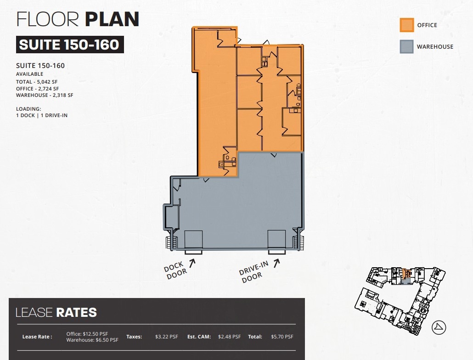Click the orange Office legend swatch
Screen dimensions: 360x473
click(x=407, y=25)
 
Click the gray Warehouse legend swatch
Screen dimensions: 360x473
click(x=407, y=46)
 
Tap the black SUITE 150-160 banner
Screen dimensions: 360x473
click(x=70, y=45)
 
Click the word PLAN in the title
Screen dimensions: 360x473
click(x=112, y=19)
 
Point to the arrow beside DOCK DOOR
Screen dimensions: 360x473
click(x=192, y=263)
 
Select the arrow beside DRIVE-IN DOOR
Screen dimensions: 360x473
click(x=276, y=263)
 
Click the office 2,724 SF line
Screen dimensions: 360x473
click(x=38, y=89)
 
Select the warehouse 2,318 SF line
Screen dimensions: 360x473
click(x=45, y=96)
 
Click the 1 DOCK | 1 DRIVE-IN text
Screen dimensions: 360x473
click(x=41, y=115)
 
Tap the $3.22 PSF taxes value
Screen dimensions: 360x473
click(x=167, y=337)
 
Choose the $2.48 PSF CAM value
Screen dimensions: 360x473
click(x=229, y=337)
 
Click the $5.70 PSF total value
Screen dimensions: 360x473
click(x=282, y=337)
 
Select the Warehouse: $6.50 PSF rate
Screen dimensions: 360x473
click(x=92, y=340)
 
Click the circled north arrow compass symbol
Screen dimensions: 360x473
click(x=440, y=327)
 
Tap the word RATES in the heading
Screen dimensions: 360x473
click(x=76, y=313)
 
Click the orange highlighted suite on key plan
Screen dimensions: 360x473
click(x=405, y=275)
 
